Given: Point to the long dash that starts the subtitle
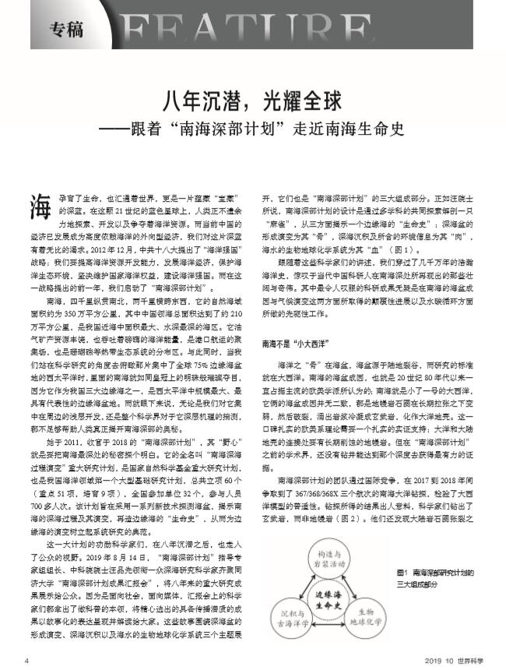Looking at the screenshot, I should pyautogui.click(x=128, y=125).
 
